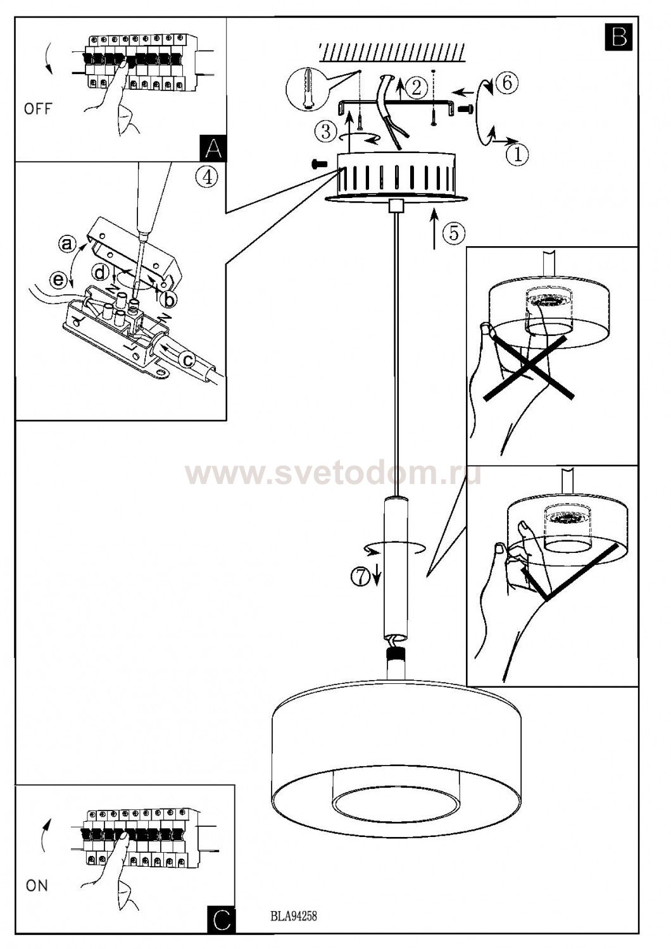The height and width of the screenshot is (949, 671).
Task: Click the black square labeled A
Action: pos(213,147)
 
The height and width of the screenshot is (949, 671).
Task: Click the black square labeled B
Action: pos(619,37)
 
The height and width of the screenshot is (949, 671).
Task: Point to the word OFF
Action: pos(38,109)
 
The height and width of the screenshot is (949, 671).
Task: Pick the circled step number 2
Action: pos(417,87)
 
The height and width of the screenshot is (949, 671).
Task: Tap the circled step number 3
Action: pos(326,131)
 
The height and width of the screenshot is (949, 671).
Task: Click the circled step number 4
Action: pos(207,177)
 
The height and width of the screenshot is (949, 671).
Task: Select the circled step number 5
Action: pos(454,233)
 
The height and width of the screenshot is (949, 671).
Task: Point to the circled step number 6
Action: pos(506,83)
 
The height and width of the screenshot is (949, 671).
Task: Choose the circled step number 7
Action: pos(361,576)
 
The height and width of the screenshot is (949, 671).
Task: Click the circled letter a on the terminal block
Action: pos(67,244)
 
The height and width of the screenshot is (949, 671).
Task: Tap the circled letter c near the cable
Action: pos(187,360)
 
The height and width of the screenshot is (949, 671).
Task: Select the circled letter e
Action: pos(58,280)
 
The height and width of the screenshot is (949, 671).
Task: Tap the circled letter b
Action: pos(169,301)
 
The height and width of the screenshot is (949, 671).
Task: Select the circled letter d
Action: pos(101,273)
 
